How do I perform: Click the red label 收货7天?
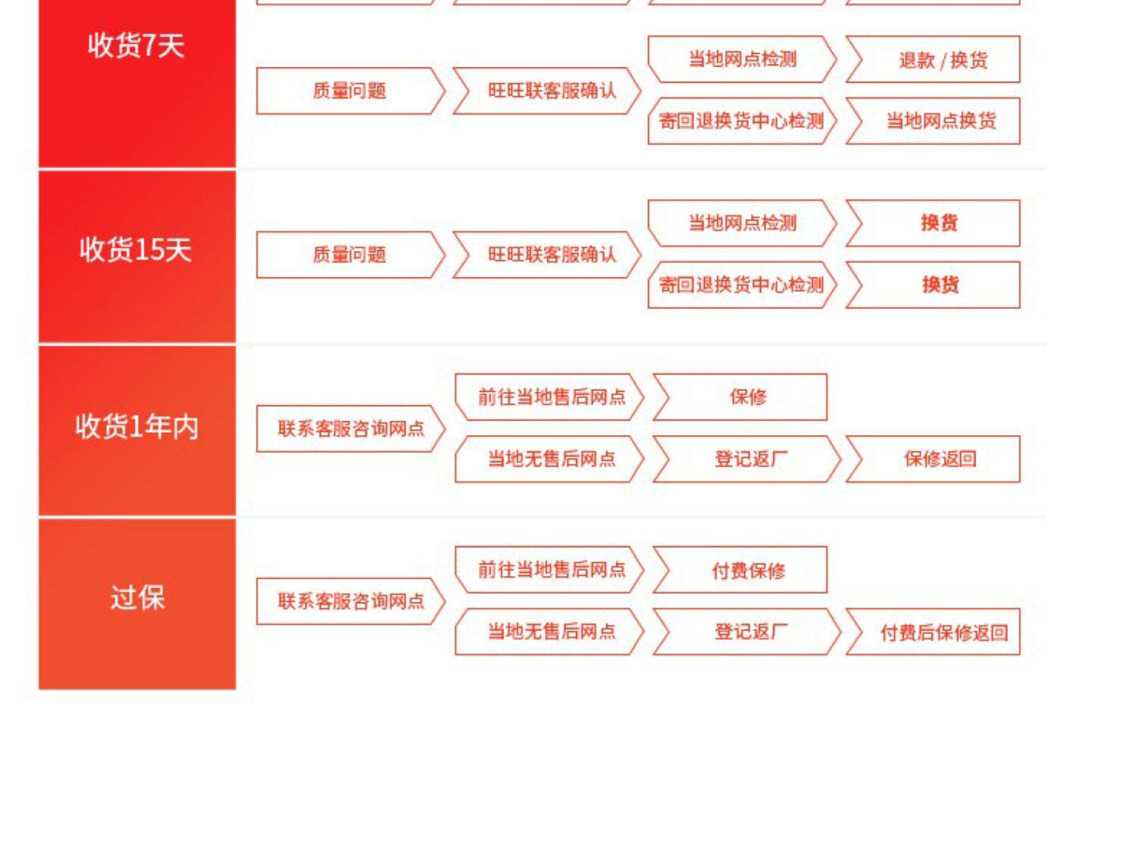pos(136,46)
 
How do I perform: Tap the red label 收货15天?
pos(136,250)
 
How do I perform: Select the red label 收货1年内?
pos(136,427)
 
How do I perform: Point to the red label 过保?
pos(136,599)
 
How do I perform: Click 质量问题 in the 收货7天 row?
pos(349,91)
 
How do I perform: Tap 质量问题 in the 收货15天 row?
pos(349,255)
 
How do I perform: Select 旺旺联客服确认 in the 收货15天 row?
pos(551,255)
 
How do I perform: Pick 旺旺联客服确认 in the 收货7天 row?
pos(551,91)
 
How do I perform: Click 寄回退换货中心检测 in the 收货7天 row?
pos(741,121)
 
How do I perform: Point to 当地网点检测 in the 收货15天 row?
pos(741,224)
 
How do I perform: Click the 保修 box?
pos(747,397)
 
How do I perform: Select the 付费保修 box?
pos(747,570)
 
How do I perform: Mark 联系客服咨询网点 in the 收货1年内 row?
pos(349,429)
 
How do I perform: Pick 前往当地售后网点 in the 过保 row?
pos(551,570)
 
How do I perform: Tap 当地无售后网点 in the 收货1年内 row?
pos(551,459)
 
